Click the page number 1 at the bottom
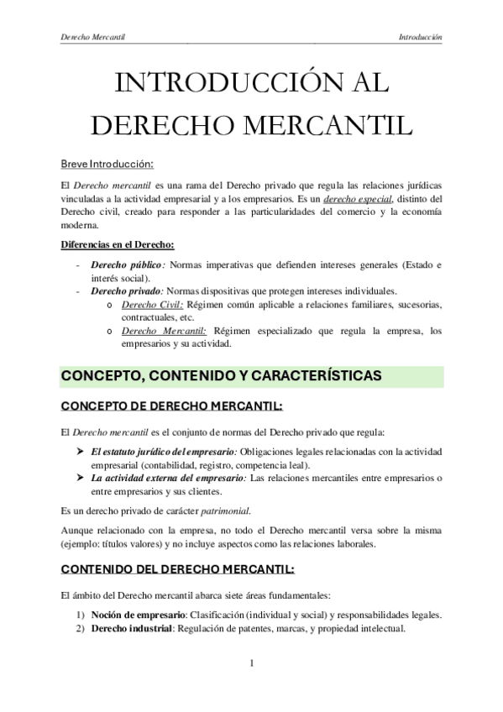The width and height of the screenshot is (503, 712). point(252,665)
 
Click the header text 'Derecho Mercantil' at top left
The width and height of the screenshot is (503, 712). point(98,38)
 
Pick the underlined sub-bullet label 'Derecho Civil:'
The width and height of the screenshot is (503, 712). point(152,305)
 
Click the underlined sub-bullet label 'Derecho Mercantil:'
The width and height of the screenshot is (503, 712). point(164,331)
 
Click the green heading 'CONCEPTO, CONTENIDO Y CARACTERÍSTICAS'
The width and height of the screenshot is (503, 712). point(223,375)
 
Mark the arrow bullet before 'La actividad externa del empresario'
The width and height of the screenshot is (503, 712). point(80,479)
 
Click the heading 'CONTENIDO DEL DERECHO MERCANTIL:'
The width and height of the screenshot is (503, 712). point(178,569)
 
